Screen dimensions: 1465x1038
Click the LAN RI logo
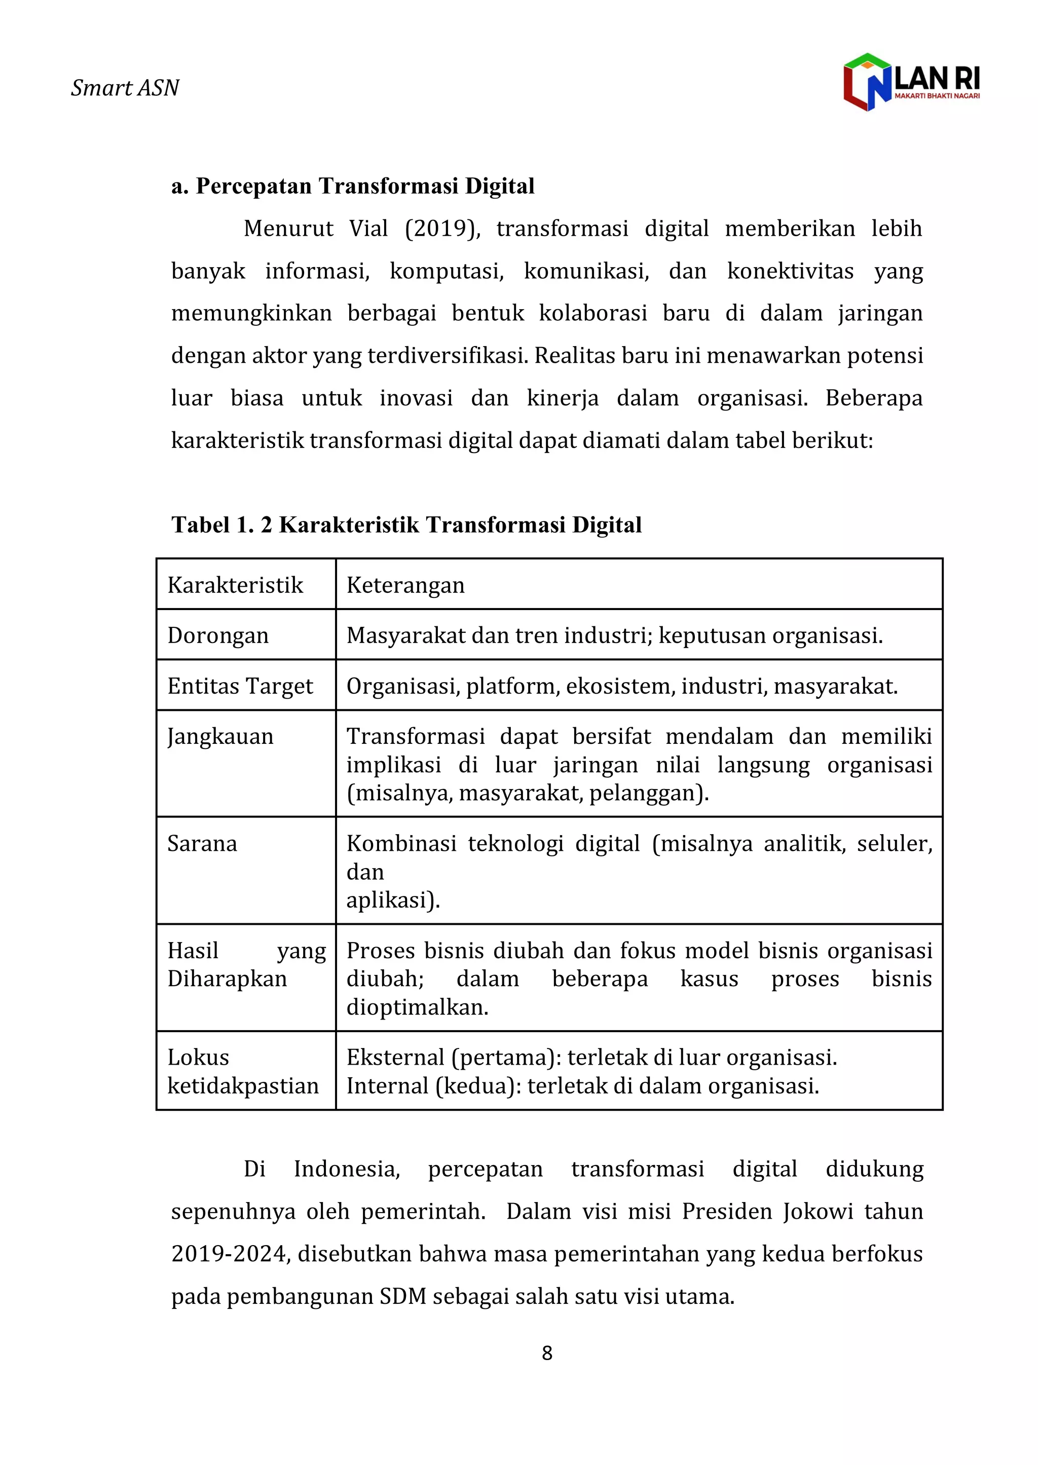pyautogui.click(x=911, y=82)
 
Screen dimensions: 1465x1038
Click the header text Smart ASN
pyautogui.click(x=125, y=88)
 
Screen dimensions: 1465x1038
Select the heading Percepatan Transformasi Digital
pyautogui.click(x=353, y=186)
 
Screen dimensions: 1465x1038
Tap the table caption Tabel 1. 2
pyautogui.click(x=223, y=524)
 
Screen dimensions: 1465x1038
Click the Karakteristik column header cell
pyautogui.click(x=235, y=585)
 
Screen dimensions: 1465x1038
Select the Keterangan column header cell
pyautogui.click(x=405, y=585)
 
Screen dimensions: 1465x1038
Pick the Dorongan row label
pyautogui.click(x=218, y=635)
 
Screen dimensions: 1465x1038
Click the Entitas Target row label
pyautogui.click(x=240, y=686)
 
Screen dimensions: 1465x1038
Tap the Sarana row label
pyautogui.click(x=202, y=843)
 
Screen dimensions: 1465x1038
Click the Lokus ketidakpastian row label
pyautogui.click(x=242, y=1071)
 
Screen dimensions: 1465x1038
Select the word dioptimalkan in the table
pyautogui.click(x=417, y=1007)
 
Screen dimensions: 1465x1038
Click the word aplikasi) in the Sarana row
pyautogui.click(x=393, y=899)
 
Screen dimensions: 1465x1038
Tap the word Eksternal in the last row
pyautogui.click(x=395, y=1058)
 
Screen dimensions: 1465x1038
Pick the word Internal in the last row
pyautogui.click(x=387, y=1085)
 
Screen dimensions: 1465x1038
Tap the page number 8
pyautogui.click(x=547, y=1353)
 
